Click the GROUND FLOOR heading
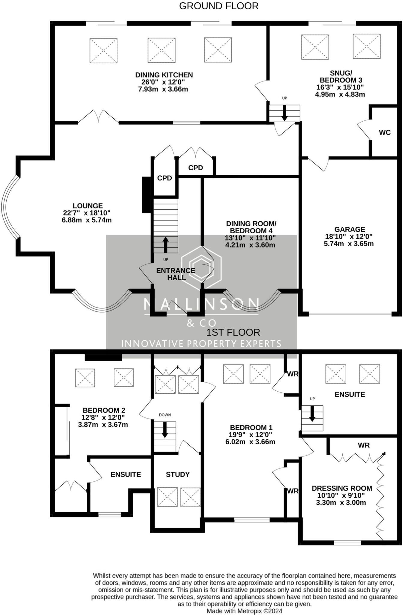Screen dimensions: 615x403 point(219,6)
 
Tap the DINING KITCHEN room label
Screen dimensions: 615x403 point(164,75)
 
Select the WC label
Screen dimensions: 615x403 point(385,133)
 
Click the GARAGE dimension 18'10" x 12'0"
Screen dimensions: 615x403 point(349,237)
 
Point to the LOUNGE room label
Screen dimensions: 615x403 point(88,206)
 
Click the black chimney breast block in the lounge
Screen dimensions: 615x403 point(146,195)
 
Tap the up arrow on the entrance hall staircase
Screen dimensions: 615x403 point(165,245)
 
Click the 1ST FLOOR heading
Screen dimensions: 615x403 point(233,332)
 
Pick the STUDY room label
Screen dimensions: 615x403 point(178,474)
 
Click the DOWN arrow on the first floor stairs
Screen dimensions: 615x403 point(165,430)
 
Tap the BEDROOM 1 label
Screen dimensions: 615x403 point(251,428)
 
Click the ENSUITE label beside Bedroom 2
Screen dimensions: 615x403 point(126,474)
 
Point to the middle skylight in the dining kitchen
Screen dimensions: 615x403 point(161,50)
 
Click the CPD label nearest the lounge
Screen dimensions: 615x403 point(164,178)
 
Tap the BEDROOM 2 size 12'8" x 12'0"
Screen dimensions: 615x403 point(103,417)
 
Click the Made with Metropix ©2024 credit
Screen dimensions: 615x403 point(244,611)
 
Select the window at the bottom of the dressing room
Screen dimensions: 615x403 point(347,543)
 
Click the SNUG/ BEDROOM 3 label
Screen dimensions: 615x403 point(341,77)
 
